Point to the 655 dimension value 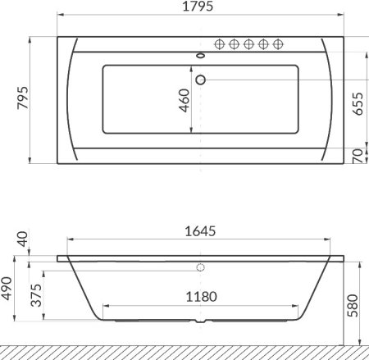tap(356, 105)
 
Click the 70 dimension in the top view tap(356, 156)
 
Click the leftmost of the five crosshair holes tap(220, 44)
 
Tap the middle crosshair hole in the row tap(249, 44)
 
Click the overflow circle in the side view tap(200, 267)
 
